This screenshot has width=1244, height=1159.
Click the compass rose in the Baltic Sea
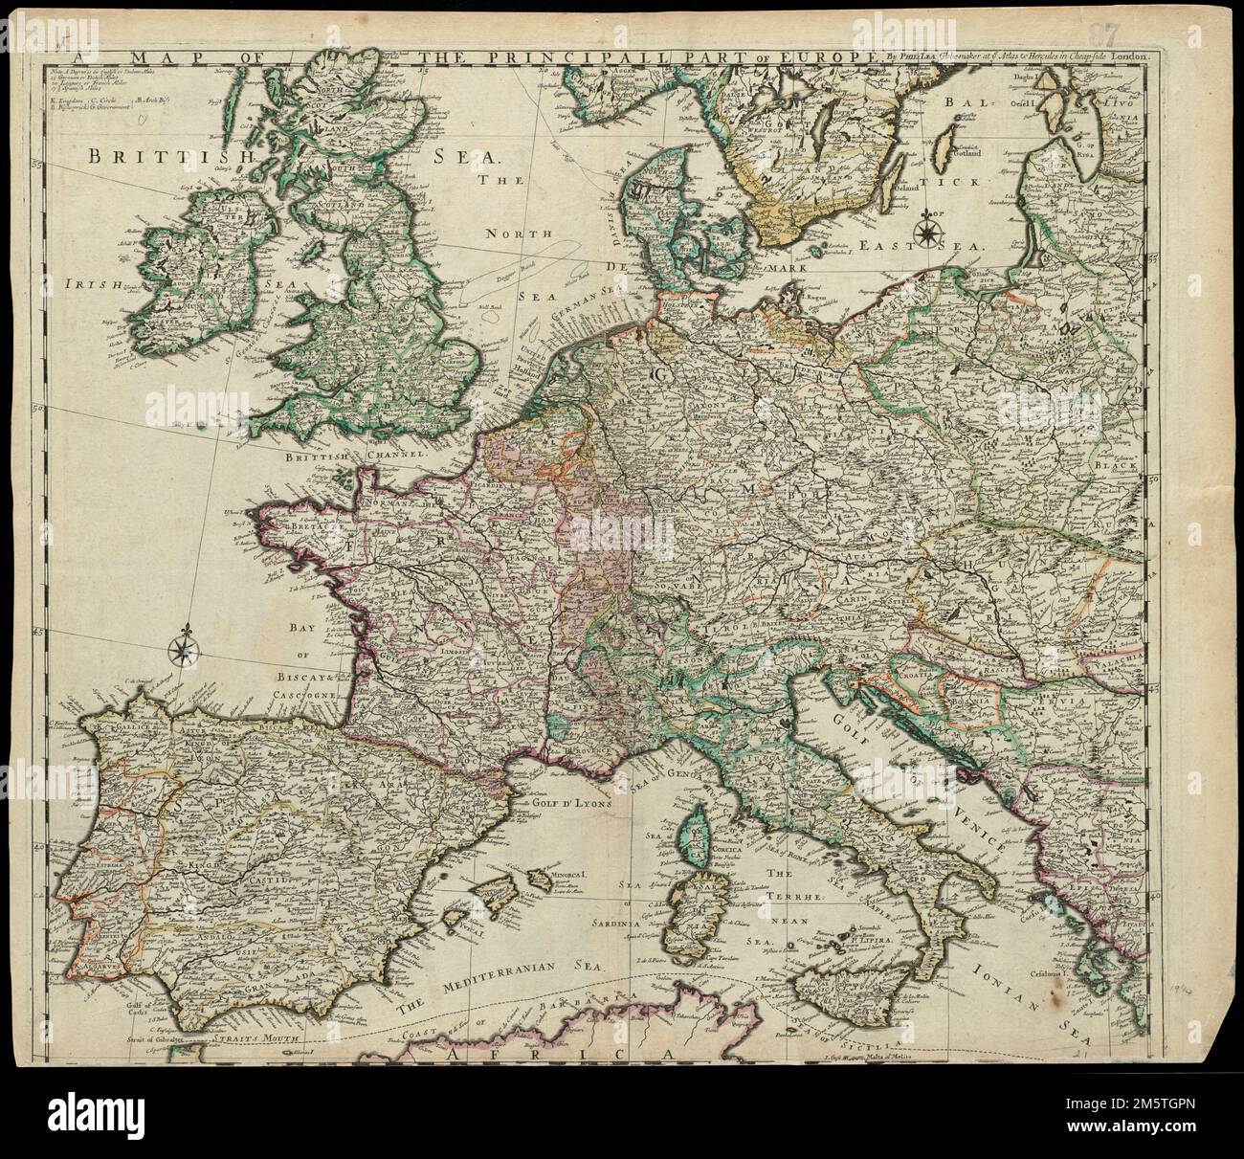pos(926,231)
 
